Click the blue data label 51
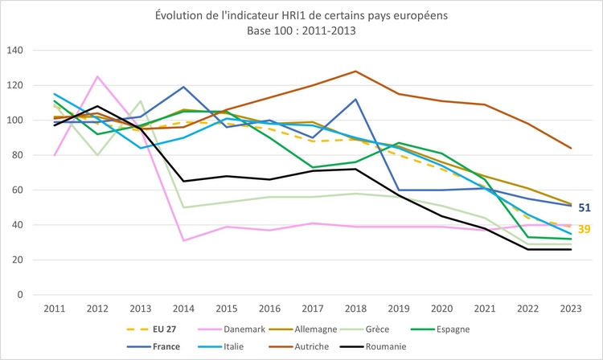tap(585, 208)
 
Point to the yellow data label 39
tap(585, 229)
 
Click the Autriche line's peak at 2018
tap(355, 72)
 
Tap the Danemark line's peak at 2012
tap(98, 76)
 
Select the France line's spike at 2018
tap(355, 100)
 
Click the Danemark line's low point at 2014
tap(183, 240)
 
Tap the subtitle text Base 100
tap(267, 31)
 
